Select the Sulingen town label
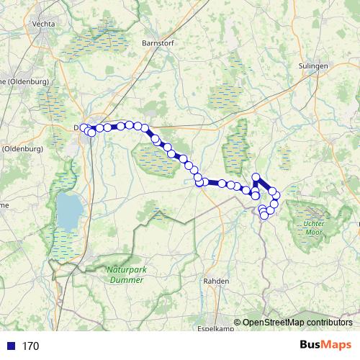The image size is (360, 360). pos(312,66)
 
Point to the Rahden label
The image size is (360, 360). pos(216,281)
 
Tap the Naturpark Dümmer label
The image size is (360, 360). pos(125,275)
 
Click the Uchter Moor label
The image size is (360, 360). pos(313,228)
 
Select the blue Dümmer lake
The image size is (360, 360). pos(70,209)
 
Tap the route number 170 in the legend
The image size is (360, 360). pos(30,346)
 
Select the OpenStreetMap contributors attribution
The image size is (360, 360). pos(297,323)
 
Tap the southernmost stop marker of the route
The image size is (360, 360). pos(264,215)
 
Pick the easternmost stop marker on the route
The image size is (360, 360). pos(276,196)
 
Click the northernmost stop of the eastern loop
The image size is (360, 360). pos(256,177)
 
